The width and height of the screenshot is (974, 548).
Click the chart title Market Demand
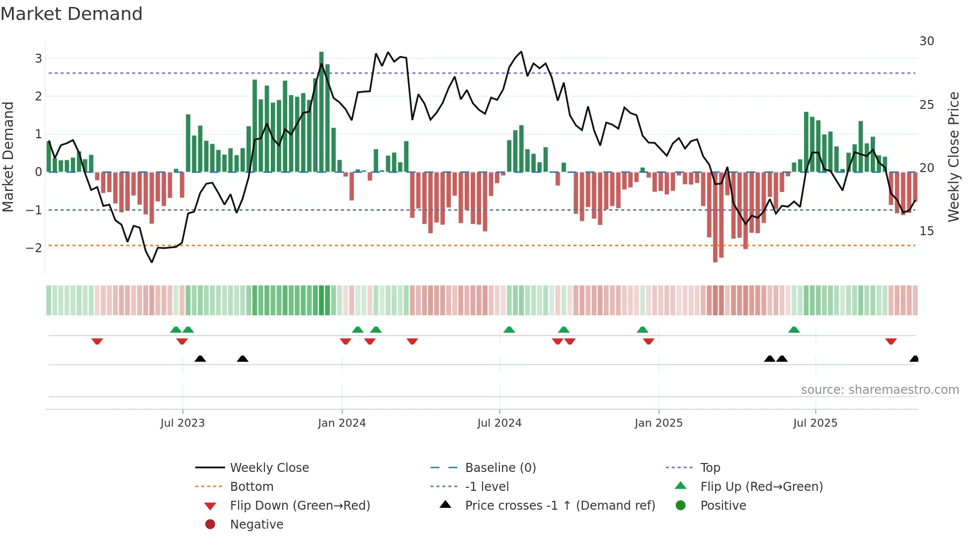tap(72, 14)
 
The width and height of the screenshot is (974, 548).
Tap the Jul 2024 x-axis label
tap(499, 423)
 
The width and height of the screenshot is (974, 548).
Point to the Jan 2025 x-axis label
tap(658, 423)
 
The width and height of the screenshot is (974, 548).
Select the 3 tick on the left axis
tap(38, 59)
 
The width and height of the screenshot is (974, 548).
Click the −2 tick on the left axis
tap(34, 248)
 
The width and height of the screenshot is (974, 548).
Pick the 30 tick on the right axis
tap(926, 41)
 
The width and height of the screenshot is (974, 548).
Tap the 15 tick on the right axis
tap(926, 231)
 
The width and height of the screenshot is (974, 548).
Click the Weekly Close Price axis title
tap(953, 157)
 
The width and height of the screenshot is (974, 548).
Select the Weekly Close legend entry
tap(269, 468)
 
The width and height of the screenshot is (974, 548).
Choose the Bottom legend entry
tap(251, 487)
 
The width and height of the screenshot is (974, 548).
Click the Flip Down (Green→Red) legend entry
tap(300, 506)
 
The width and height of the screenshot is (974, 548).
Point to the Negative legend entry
tap(256, 525)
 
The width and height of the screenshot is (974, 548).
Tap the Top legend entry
tap(710, 468)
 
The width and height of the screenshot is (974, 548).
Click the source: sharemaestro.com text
tap(880, 390)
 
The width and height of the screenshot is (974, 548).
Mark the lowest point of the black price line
tap(152, 262)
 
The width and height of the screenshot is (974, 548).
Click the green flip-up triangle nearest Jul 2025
tap(794, 330)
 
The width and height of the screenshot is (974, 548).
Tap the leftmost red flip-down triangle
tap(97, 341)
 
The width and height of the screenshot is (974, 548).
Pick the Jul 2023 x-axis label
tap(182, 423)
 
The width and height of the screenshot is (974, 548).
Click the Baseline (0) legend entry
tap(500, 468)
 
